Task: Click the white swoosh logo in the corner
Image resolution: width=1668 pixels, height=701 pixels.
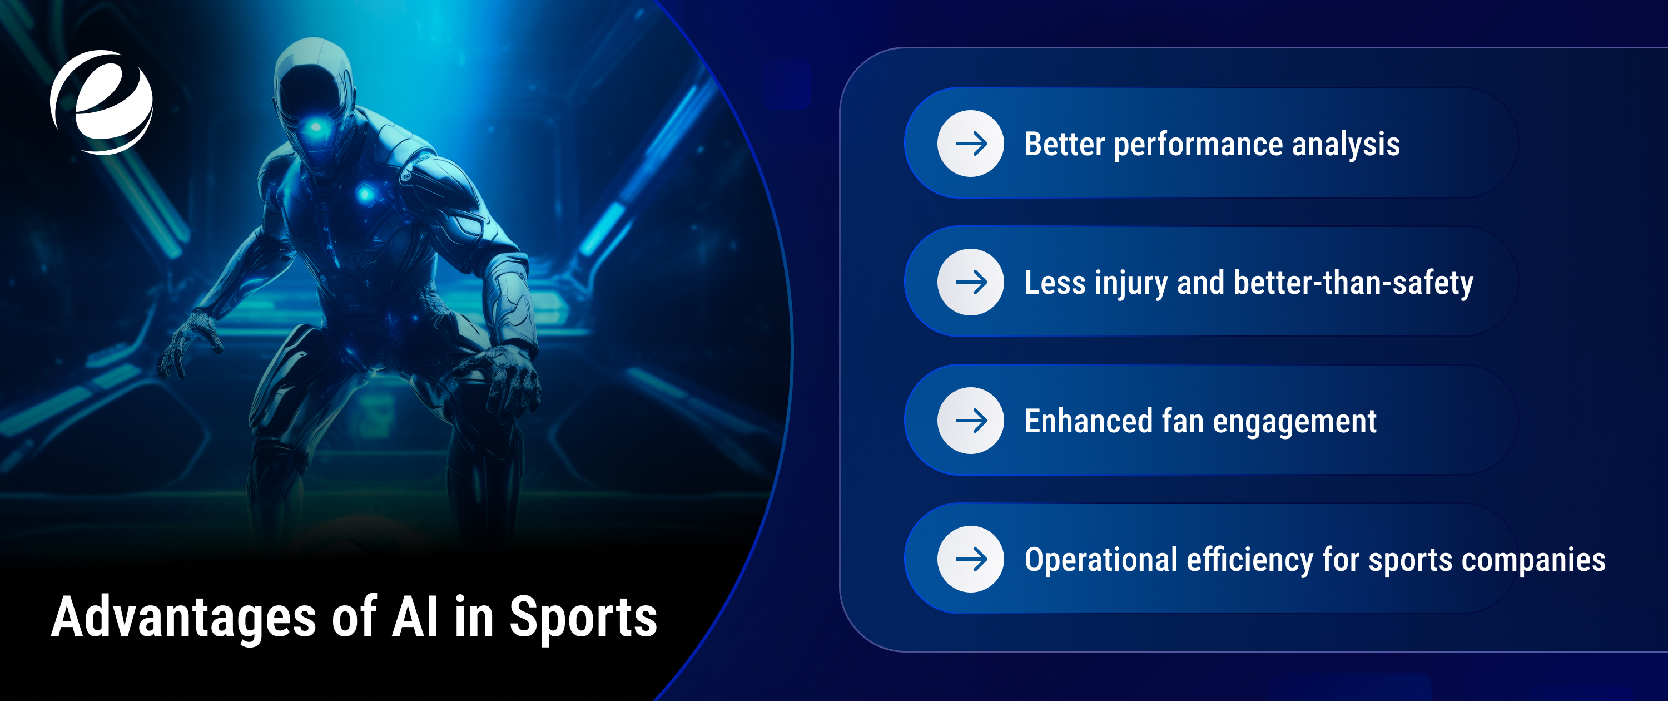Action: tap(102, 102)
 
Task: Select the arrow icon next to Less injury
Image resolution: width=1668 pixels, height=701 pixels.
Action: tap(971, 282)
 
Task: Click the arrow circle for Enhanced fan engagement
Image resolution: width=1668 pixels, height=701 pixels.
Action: tap(971, 421)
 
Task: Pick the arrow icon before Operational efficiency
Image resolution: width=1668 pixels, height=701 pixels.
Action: tap(971, 559)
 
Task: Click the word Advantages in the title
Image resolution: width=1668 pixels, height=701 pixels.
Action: tap(183, 617)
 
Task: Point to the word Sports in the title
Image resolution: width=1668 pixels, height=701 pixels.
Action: tap(583, 617)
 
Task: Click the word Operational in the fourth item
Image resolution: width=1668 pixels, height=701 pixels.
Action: tap(1101, 560)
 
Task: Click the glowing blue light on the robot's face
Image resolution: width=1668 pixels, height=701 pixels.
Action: tap(316, 126)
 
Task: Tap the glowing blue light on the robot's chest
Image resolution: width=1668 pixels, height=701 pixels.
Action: tap(365, 193)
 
